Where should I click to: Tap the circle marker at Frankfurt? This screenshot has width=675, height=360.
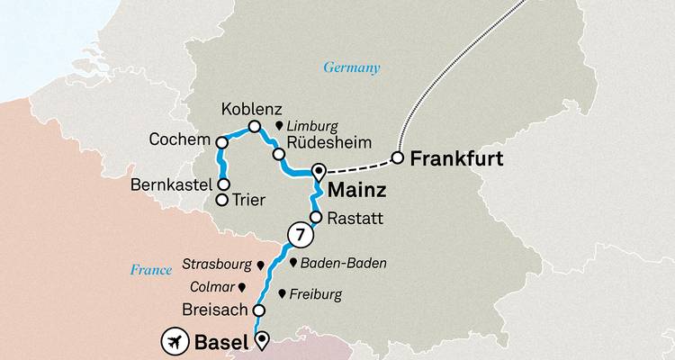(397, 159)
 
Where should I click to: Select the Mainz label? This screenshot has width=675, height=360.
(358, 192)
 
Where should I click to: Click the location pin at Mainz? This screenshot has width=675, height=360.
(319, 171)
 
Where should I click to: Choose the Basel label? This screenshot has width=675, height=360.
(220, 341)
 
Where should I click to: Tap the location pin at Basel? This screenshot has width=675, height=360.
(262, 339)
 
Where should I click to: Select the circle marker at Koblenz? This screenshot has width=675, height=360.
(254, 127)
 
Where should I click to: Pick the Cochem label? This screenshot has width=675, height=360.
(184, 141)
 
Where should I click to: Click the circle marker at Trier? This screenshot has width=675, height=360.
(222, 200)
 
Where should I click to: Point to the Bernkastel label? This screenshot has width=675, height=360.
(171, 184)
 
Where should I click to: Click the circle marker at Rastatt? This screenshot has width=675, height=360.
(316, 217)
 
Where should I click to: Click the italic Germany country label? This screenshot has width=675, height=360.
(353, 67)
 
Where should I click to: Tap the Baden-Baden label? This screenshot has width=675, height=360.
(344, 264)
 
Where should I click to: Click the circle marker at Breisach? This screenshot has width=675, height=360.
(258, 310)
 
